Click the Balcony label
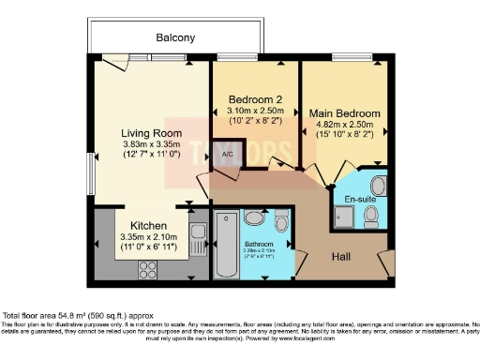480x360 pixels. click(175, 38)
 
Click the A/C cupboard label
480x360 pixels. click(227, 157)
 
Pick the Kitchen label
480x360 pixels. click(148, 226)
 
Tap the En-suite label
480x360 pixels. click(359, 200)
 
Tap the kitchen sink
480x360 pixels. click(197, 235)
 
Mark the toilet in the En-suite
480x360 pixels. click(372, 216)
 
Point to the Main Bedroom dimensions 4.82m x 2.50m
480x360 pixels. click(343, 125)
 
